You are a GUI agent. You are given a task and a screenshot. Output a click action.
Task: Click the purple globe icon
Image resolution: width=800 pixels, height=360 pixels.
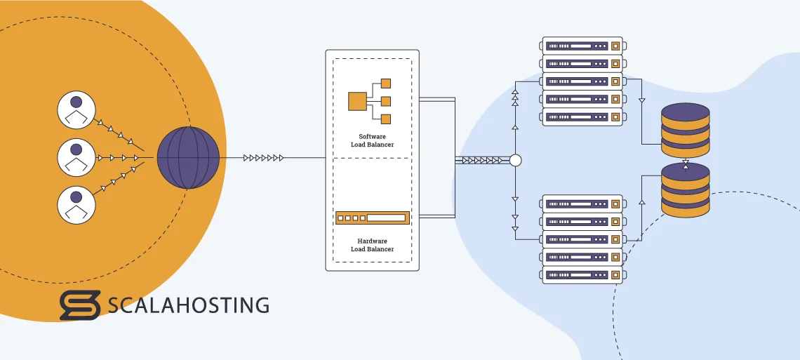coord(187,157)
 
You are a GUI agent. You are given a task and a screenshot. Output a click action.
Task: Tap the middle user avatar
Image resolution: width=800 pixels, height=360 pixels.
coord(76,157)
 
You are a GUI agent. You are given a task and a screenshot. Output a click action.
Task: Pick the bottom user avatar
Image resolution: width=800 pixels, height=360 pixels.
coord(76,204)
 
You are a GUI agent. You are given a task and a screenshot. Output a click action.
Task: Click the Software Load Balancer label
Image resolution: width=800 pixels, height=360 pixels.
coord(372,140)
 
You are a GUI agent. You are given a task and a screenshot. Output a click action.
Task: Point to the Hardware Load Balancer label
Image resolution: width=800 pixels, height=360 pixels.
coord(372,244)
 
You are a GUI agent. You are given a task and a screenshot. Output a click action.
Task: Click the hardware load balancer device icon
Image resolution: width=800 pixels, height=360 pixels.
coord(372,218)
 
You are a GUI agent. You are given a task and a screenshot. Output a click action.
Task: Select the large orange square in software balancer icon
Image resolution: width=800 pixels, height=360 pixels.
coord(358,101)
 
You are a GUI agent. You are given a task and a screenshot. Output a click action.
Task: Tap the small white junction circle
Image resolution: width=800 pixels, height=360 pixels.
coord(516,161)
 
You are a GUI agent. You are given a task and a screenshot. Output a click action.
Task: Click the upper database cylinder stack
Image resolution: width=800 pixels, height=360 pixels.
coord(685,130)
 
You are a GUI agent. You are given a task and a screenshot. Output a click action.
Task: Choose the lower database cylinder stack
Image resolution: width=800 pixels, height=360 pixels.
coord(685,189)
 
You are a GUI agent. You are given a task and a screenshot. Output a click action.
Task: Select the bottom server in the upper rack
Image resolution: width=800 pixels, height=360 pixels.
coord(582,117)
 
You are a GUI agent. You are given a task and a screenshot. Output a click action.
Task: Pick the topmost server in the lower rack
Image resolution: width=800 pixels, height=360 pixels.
coord(582,204)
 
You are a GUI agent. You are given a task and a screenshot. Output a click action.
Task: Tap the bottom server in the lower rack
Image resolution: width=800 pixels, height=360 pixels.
coord(582,274)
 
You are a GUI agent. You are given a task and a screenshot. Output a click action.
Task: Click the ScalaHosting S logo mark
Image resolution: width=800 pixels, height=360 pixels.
coord(79,305)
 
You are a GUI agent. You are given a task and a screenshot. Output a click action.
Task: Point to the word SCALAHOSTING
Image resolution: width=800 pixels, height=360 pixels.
coord(189,305)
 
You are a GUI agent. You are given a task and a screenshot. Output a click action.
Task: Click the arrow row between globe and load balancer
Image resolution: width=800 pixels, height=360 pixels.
coord(264,158)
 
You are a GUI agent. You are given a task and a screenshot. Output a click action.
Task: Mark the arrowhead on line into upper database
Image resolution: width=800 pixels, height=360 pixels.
coord(641,101)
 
